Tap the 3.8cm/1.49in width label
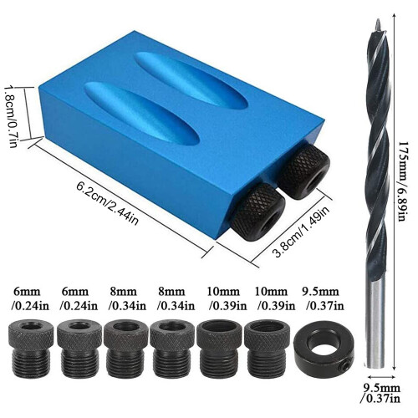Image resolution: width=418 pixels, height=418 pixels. (x=301, y=231)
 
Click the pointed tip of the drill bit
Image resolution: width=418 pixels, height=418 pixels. (x=377, y=19)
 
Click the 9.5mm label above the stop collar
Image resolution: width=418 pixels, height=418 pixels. (x=321, y=292)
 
